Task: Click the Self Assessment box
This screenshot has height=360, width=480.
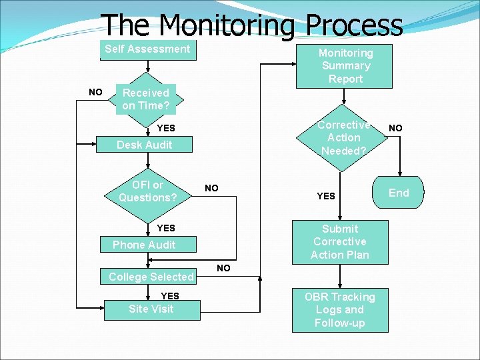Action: coord(147,49)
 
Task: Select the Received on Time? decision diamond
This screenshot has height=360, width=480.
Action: coord(146,99)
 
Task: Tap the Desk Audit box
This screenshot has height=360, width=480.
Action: coord(144,145)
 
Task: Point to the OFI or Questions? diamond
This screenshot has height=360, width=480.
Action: coord(147,191)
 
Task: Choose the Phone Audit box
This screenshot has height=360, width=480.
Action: coord(144,245)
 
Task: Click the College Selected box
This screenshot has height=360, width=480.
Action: coord(151,277)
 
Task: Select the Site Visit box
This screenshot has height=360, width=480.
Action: coord(151,309)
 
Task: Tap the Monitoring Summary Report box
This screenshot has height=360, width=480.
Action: coord(345,65)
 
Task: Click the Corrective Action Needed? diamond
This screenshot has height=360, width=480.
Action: coord(343,138)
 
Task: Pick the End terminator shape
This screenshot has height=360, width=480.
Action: coord(399,193)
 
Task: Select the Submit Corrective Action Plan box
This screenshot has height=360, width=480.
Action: coord(340,241)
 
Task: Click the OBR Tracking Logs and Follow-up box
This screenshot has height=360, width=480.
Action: coord(340,310)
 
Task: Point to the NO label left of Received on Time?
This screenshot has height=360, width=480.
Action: coord(96,92)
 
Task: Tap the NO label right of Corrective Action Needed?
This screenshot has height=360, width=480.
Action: coord(396,127)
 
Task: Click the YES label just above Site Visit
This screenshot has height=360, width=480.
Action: coord(170,295)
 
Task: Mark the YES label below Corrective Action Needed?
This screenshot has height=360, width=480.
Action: coord(326,196)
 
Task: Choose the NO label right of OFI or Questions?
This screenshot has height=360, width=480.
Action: coord(211,188)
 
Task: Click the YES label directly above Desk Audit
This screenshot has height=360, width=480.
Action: coord(166,128)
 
